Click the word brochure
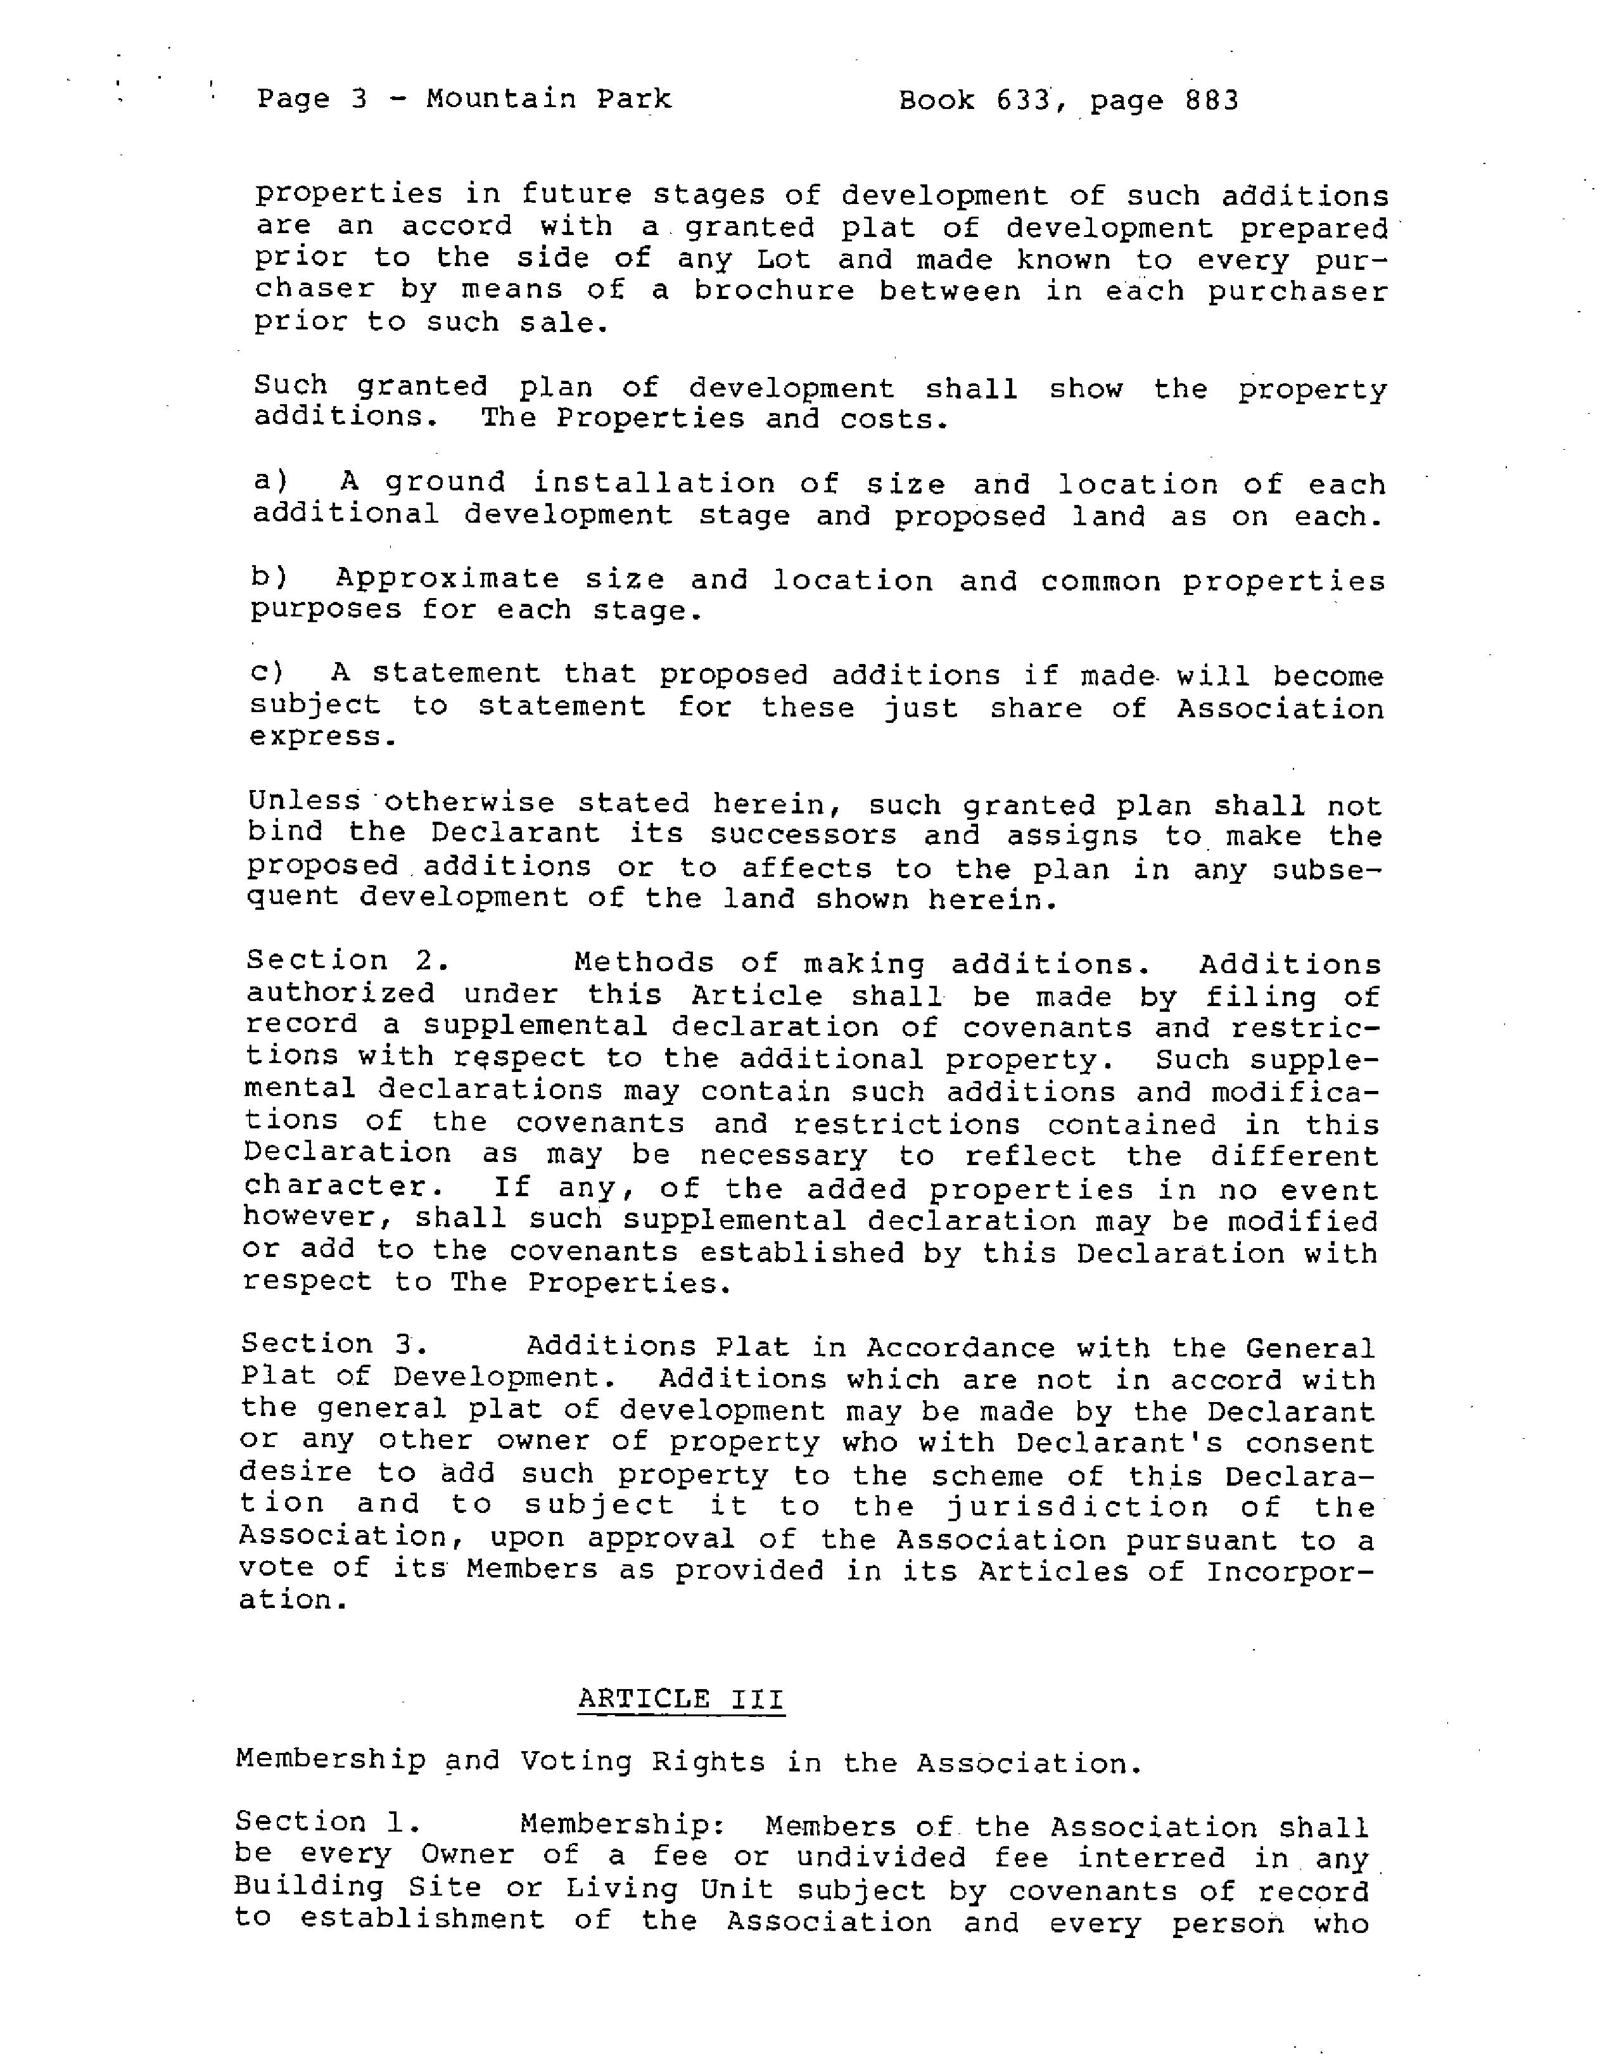[773, 291]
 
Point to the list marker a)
[271, 482]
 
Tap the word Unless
[304, 803]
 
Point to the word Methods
[644, 962]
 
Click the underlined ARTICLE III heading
[680, 1699]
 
